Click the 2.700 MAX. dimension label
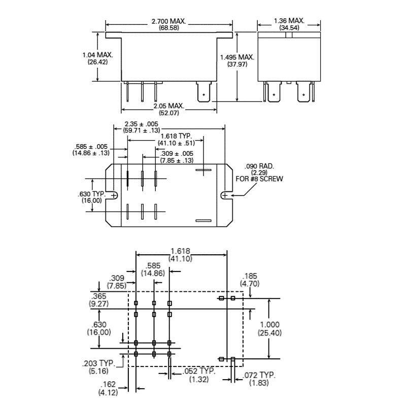pos(169,21)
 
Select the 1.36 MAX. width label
pos(289,21)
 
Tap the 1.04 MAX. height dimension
pos(97,55)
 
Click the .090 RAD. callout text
pos(259,166)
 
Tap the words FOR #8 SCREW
pos(259,179)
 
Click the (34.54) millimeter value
pos(289,28)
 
